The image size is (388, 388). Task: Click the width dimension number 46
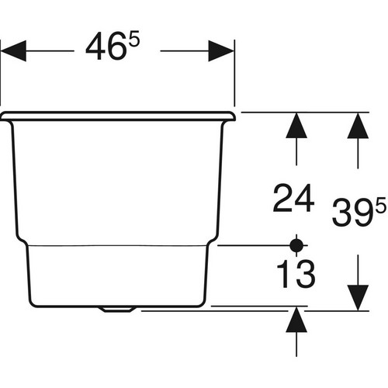(106, 47)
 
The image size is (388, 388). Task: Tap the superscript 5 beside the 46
(134, 39)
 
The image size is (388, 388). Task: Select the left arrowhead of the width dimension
(13, 51)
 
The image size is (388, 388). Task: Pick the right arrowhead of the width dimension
(221, 51)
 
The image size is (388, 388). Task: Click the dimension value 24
(293, 198)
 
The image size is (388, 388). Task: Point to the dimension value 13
(296, 273)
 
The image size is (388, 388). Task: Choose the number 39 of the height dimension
(353, 213)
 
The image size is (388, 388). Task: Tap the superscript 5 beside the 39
(381, 205)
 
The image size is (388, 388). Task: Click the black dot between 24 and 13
(296, 245)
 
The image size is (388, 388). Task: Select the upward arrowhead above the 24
(296, 126)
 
